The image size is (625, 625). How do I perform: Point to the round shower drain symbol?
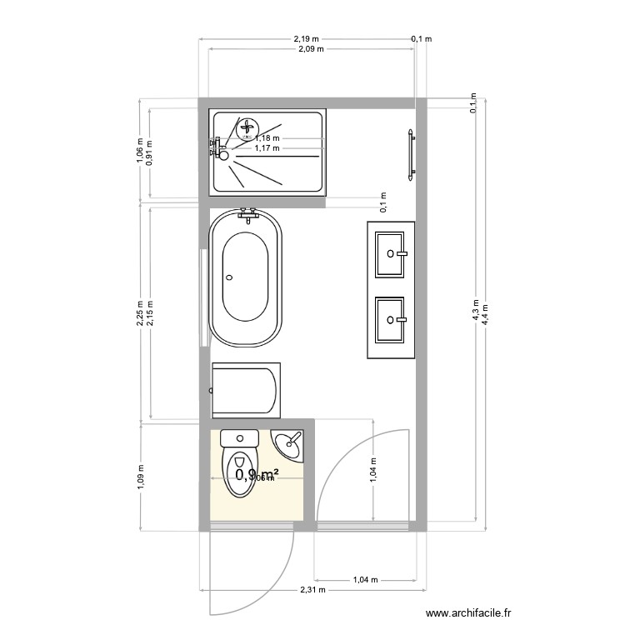(246, 127)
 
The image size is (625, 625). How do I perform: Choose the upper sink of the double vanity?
(391, 252)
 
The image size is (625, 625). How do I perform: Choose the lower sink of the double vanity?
(391, 320)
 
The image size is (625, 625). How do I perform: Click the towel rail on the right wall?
(410, 154)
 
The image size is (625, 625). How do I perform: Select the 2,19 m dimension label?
(307, 38)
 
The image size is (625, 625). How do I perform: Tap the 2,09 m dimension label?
(311, 49)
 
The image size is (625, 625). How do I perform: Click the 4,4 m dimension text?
(484, 312)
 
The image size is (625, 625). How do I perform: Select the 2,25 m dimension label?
(141, 314)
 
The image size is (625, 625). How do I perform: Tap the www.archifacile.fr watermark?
(469, 613)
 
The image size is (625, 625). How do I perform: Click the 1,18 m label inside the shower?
(267, 138)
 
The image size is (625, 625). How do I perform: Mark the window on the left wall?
(202, 297)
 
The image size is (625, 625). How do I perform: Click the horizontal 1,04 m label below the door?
(365, 579)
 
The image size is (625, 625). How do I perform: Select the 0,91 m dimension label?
(149, 152)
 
